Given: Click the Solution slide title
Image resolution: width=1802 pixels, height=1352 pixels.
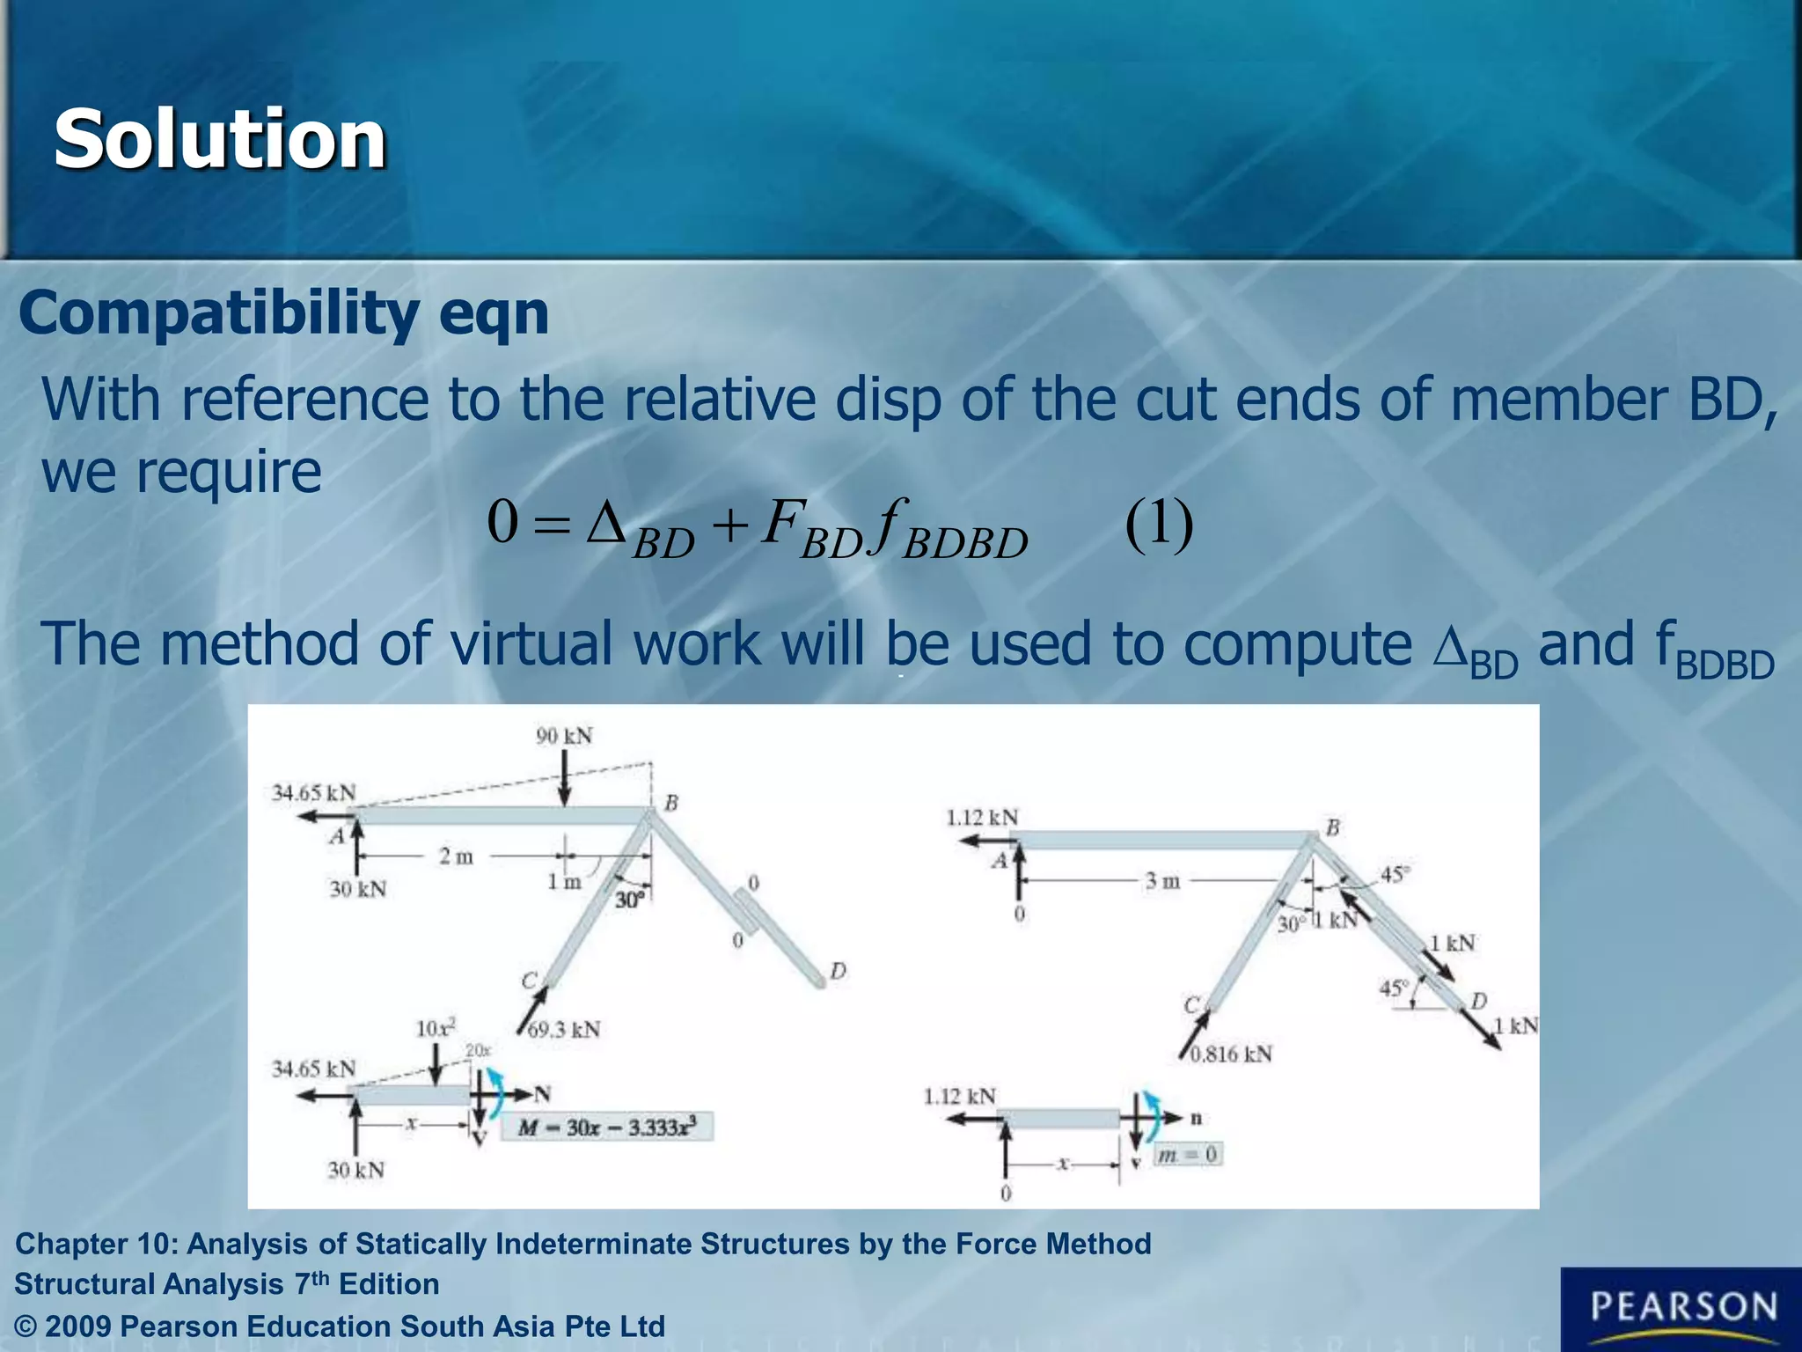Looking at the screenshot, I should (x=220, y=139).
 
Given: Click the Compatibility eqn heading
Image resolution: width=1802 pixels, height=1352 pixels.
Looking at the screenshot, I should (x=283, y=313).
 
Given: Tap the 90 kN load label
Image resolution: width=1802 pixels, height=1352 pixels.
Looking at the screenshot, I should (x=564, y=736).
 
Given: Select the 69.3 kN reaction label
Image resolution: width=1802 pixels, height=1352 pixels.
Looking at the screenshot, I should (x=564, y=1029).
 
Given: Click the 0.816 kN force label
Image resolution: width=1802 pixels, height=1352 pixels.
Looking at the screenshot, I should (x=1231, y=1054).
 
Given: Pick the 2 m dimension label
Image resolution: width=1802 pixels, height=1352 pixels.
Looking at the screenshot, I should (x=456, y=856).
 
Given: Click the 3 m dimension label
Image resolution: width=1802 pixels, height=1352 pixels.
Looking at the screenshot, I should (x=1162, y=880).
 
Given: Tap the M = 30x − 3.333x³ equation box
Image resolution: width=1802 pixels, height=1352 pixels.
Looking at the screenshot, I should (x=607, y=1127).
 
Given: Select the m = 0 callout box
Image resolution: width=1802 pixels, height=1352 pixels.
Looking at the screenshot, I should (x=1188, y=1154).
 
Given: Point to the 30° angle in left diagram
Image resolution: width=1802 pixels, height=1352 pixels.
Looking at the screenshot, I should (x=629, y=900).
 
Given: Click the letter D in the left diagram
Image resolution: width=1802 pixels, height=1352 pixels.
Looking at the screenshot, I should (x=838, y=971).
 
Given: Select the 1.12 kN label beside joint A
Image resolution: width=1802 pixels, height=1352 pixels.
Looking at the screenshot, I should (x=982, y=818).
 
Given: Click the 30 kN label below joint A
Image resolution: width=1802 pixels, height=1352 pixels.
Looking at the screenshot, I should (x=357, y=889).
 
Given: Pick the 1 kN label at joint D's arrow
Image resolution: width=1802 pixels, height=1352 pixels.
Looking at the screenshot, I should (x=1515, y=1025).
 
